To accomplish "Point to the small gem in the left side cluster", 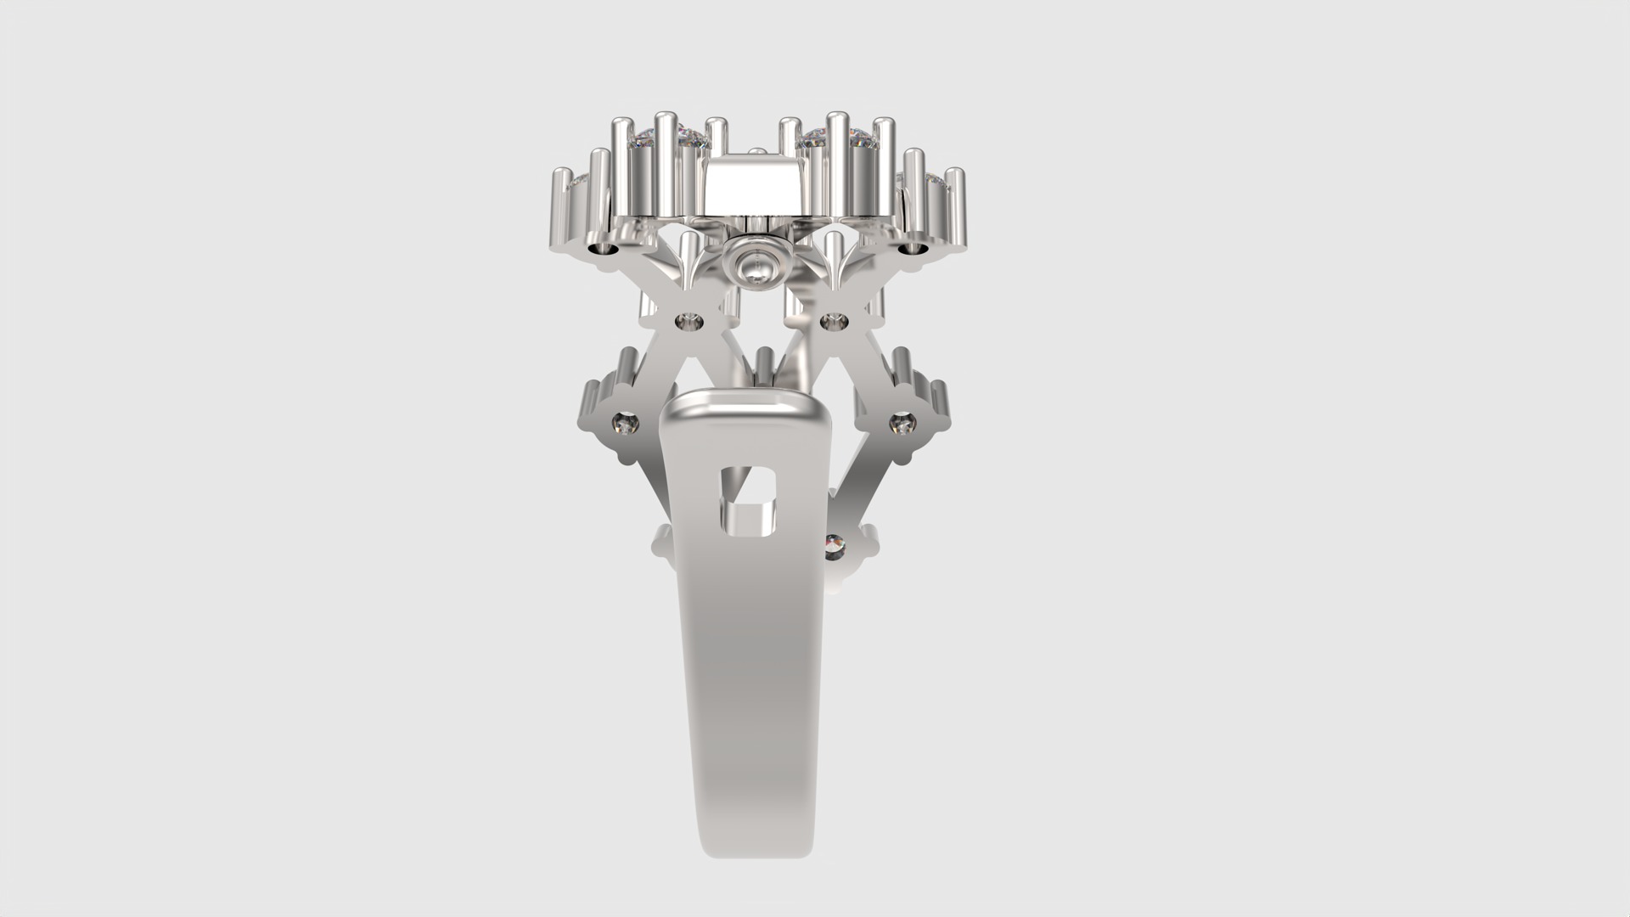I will [627, 422].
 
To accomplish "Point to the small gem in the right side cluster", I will [901, 422].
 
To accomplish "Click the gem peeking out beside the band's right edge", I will [834, 544].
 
